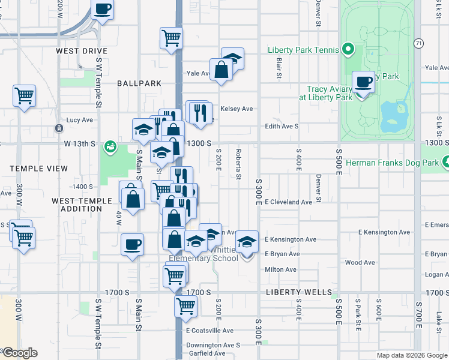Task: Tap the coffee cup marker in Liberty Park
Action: coord(363,82)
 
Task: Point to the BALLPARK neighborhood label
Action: coord(139,83)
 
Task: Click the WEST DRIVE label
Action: coord(82,52)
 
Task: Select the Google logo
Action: coord(19,353)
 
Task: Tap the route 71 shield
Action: coord(418,43)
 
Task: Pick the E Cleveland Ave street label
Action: coord(288,202)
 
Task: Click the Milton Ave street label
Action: coord(280,269)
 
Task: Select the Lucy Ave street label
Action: coord(79,120)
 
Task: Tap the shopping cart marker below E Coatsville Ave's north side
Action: coord(185,305)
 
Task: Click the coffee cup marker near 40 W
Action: coord(132,244)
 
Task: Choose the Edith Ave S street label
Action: coord(282,127)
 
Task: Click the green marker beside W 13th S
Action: coord(110,146)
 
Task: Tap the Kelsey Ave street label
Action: coord(237,109)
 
